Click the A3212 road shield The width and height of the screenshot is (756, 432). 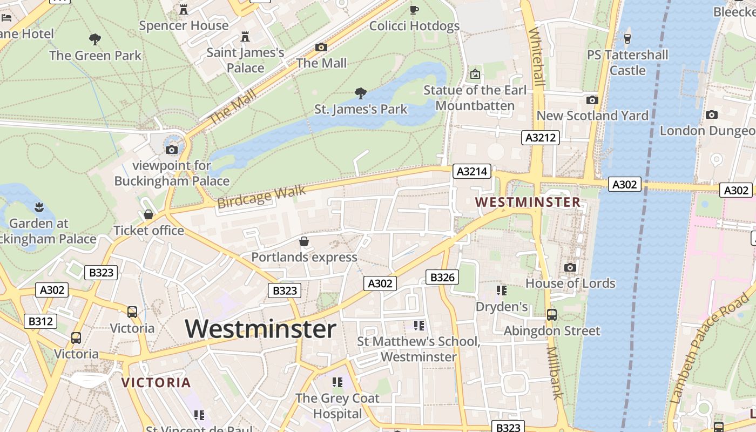[541, 138]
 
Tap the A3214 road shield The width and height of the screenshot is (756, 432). [472, 172]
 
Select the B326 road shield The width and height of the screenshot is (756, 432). [442, 278]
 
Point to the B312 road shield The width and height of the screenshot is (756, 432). [40, 321]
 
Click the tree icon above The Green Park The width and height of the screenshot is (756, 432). [95, 39]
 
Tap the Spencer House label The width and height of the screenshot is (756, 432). [184, 25]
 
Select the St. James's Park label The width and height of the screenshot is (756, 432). [361, 109]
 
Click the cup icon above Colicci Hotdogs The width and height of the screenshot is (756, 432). [414, 10]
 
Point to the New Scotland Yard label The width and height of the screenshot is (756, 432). [592, 116]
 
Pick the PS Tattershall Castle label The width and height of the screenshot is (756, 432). [627, 63]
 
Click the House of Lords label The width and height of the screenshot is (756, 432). [570, 283]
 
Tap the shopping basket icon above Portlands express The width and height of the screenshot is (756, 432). [304, 241]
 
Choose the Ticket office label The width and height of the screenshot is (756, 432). [148, 231]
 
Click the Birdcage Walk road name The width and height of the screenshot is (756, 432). [261, 197]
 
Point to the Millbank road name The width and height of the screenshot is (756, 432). [555, 373]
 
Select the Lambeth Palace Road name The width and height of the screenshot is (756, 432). [710, 349]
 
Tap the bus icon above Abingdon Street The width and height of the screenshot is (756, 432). [552, 314]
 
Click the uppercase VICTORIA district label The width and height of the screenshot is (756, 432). [156, 383]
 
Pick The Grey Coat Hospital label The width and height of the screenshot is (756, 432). [337, 406]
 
